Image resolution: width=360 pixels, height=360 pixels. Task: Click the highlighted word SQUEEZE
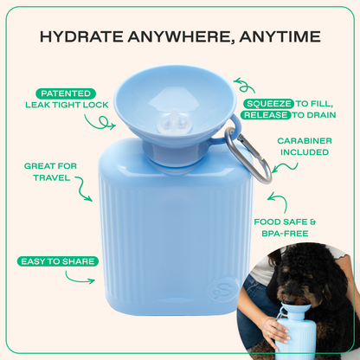[x=268, y=103]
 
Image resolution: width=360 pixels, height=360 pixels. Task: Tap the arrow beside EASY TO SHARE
[x=80, y=280]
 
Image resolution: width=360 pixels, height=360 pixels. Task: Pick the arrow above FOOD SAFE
[x=277, y=202]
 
